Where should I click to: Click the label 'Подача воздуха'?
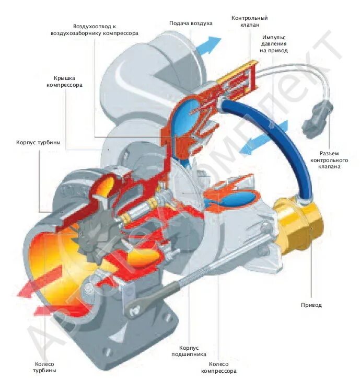(191, 24)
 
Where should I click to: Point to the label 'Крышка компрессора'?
(64, 81)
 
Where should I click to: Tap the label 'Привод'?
(311, 305)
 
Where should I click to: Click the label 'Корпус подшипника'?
(192, 350)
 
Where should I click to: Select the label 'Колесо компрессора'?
(219, 368)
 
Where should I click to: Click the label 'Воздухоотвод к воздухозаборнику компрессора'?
(95, 29)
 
